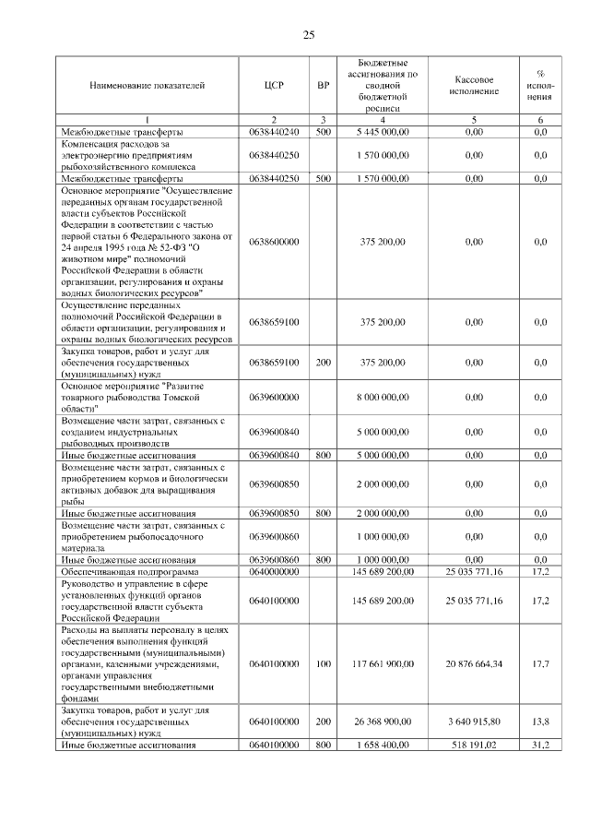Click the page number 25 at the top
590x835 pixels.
point(308,35)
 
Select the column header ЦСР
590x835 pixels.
point(274,85)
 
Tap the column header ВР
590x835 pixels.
point(323,85)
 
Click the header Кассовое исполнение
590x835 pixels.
point(474,85)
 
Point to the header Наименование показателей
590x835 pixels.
point(147,85)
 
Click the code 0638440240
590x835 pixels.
point(274,132)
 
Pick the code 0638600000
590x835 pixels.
point(274,242)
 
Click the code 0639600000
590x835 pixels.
point(274,396)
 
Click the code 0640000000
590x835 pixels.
point(274,572)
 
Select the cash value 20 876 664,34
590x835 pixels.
point(474,663)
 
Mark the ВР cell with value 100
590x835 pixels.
point(323,663)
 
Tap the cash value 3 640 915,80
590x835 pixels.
point(474,722)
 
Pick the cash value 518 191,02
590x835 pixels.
point(474,745)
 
